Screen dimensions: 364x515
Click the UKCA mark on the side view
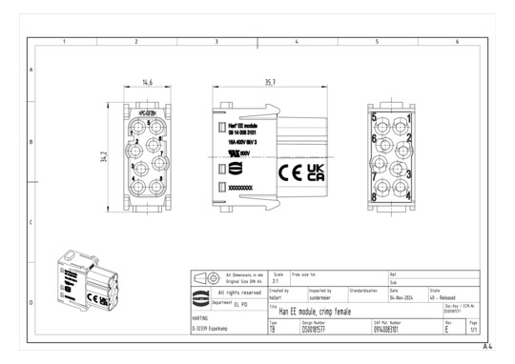click(x=314, y=172)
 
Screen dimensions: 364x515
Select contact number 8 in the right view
click(x=375, y=196)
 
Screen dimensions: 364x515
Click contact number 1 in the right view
click(x=409, y=118)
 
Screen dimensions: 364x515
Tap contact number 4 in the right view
click(x=409, y=196)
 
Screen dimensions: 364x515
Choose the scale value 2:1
click(x=276, y=282)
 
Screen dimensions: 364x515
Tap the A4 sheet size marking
click(x=487, y=348)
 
